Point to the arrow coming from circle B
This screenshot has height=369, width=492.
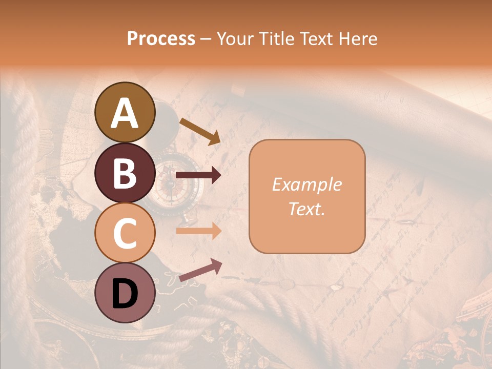(x=198, y=176)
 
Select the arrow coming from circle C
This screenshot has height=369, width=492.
(x=198, y=231)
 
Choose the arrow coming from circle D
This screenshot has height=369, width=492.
(x=200, y=270)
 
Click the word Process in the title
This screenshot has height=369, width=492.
(x=161, y=38)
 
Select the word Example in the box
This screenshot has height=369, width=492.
(x=306, y=184)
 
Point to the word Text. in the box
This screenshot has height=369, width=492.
(x=306, y=209)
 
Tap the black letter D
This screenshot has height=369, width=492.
(x=125, y=294)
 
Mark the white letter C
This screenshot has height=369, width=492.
(x=125, y=233)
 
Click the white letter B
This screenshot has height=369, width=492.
(x=125, y=173)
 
